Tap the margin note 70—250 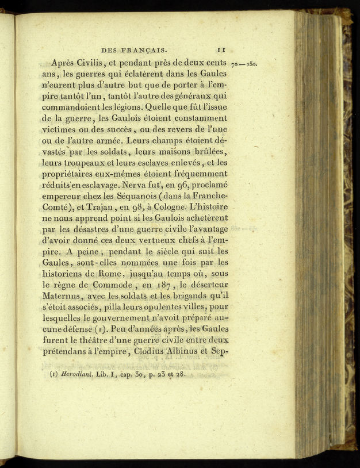pos(244,64)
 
